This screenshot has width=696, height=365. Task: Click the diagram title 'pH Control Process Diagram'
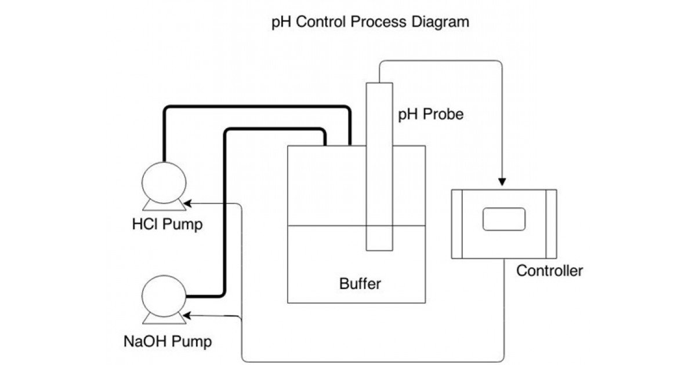coord(370,23)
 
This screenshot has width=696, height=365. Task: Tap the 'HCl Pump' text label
coord(167,225)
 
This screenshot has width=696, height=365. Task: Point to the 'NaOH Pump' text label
coord(168,341)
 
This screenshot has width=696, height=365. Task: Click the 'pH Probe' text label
coord(430,115)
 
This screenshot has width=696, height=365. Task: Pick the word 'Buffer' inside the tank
coord(360,284)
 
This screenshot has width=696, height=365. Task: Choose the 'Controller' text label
coord(549,271)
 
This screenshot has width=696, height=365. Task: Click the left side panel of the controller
coord(456,224)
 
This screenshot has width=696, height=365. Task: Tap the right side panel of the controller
coord(550,224)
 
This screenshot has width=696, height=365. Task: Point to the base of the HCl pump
coord(163,205)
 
